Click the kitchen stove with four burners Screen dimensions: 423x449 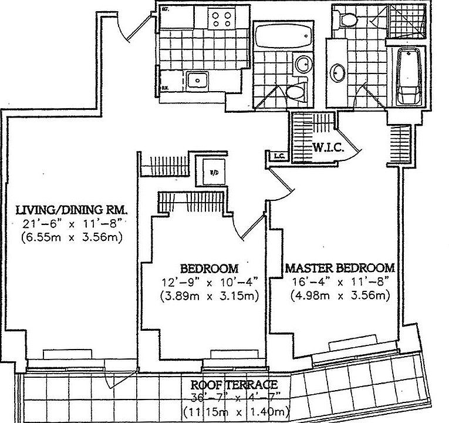click(x=223, y=20)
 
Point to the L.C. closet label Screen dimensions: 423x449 click(x=278, y=156)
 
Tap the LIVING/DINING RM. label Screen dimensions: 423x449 click(x=71, y=210)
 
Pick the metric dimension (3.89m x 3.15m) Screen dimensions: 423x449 click(x=209, y=295)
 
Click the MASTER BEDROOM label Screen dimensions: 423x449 click(x=340, y=268)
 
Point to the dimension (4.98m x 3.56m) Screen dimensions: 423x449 click(x=340, y=295)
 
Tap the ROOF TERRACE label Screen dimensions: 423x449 click(x=234, y=385)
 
